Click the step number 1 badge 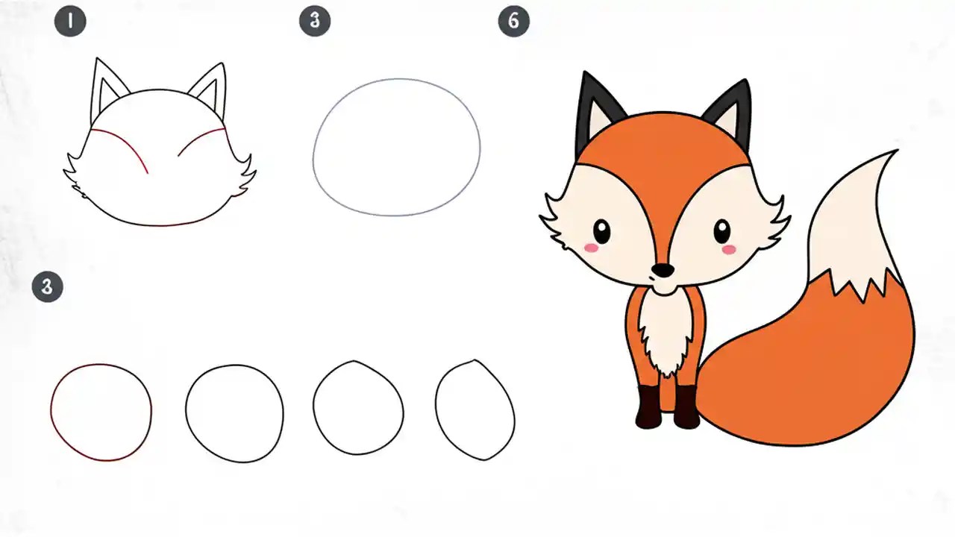[70, 21]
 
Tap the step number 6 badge [513, 21]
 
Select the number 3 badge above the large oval [315, 21]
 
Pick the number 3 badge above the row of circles [48, 286]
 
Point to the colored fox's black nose [662, 269]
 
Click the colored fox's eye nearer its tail [722, 231]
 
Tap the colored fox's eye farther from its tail [601, 231]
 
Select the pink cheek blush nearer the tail [729, 249]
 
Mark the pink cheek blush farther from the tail [591, 247]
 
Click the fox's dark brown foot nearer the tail [686, 406]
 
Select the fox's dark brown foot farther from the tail [648, 406]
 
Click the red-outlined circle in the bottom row [101, 412]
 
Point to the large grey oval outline [396, 147]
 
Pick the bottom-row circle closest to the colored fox [475, 410]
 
